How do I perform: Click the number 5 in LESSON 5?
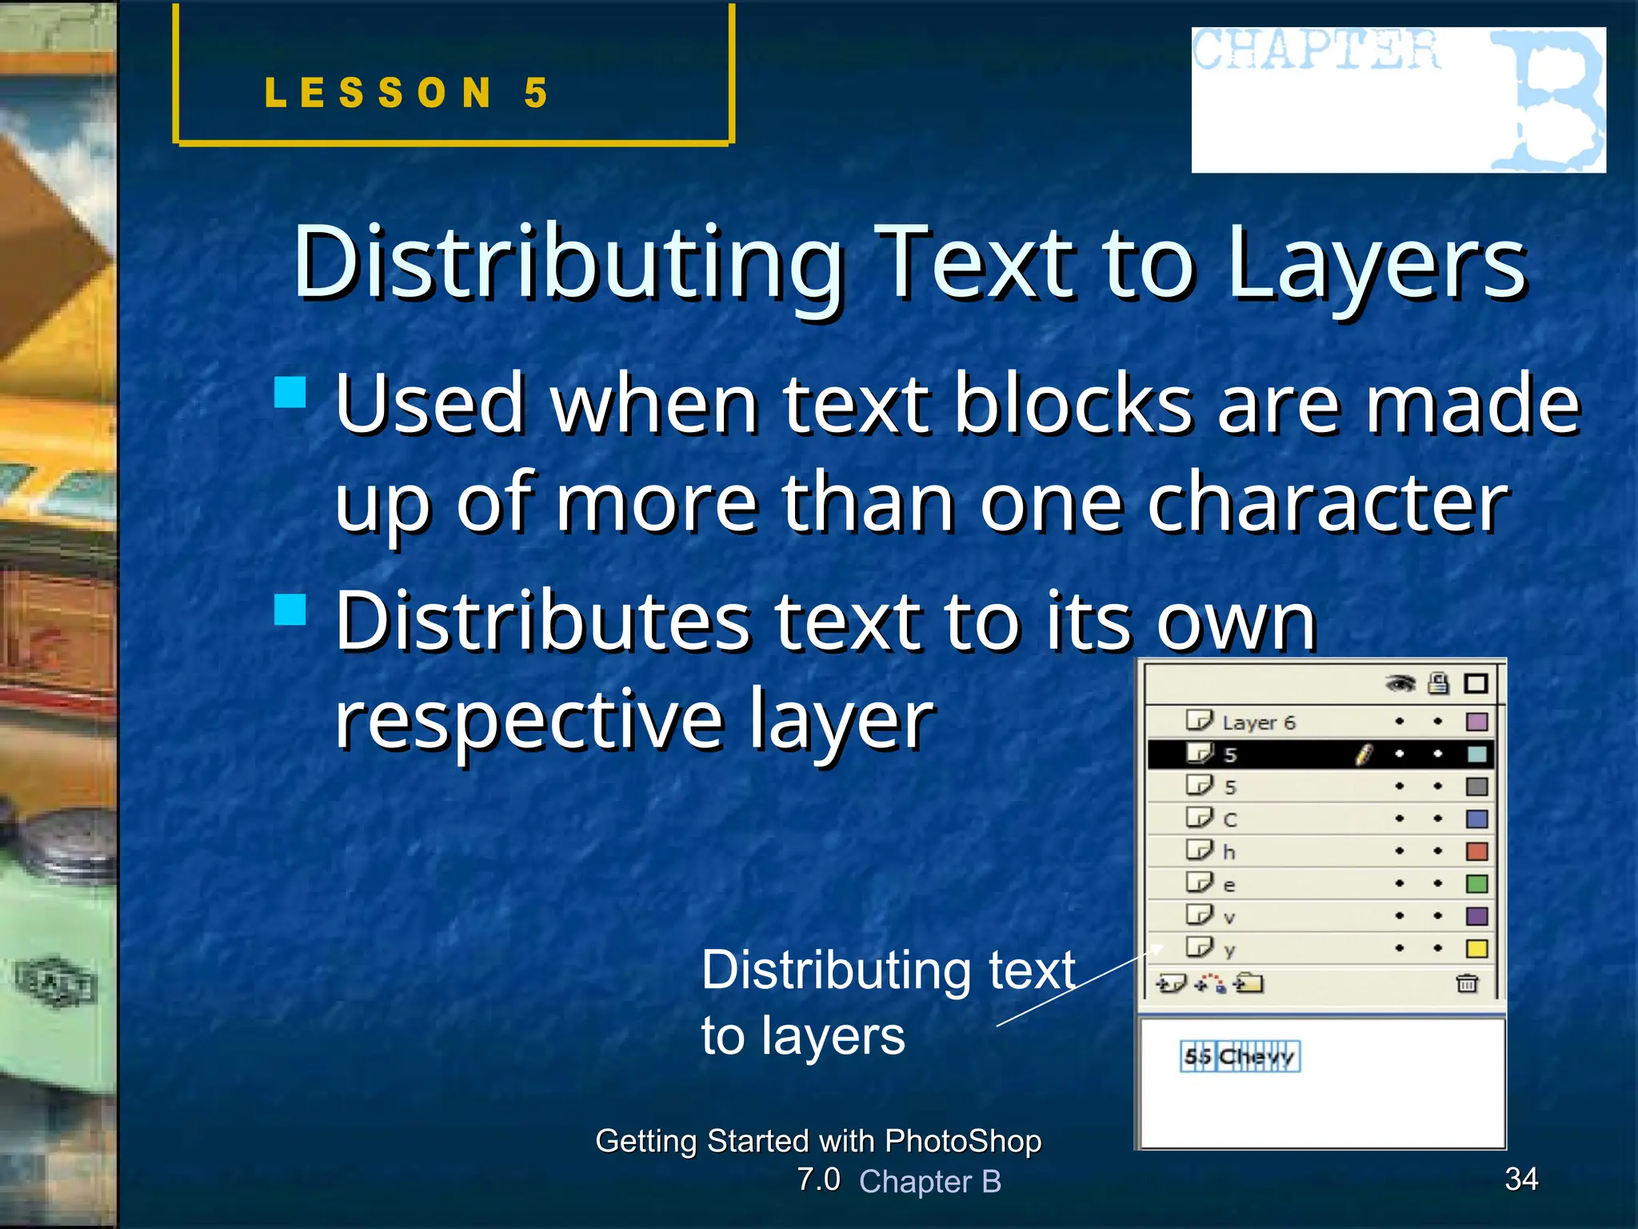(536, 94)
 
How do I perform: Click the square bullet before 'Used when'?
(290, 393)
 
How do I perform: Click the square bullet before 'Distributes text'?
(290, 610)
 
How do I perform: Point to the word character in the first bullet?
(1328, 504)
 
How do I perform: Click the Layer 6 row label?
(1257, 723)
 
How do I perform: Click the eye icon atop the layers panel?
(1400, 683)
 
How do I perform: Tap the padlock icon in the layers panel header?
(1438, 683)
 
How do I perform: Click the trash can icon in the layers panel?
(1466, 983)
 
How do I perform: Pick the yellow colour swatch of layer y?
(1476, 949)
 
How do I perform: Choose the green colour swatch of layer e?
(1476, 884)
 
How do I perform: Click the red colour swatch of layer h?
(1476, 851)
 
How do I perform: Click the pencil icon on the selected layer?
(1364, 754)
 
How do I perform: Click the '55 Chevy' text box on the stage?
(1240, 1057)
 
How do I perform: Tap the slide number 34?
(1521, 1179)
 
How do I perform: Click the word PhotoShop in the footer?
(963, 1141)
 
